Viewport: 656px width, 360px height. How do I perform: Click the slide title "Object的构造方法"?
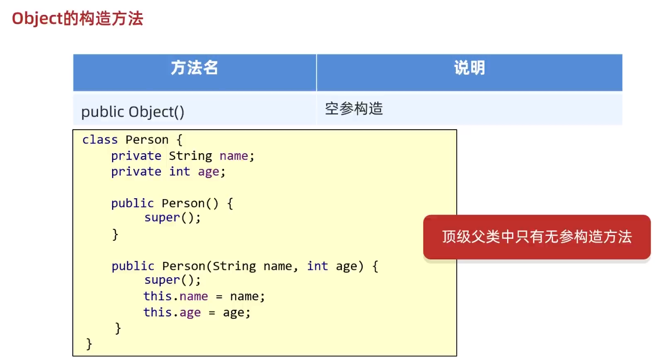pos(78,19)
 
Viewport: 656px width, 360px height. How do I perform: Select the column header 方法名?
pos(194,68)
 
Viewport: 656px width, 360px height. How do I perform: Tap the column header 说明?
pos(469,68)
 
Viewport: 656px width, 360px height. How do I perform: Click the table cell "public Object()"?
pos(133,112)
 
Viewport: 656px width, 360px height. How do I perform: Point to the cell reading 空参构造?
pos(354,109)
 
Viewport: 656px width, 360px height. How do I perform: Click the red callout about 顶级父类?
pos(537,237)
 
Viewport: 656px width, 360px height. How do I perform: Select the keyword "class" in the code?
pos(100,140)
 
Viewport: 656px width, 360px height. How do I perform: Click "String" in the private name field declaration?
pos(190,156)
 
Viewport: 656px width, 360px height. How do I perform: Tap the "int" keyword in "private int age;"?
pos(180,172)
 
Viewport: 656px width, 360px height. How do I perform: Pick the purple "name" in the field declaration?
pos(234,156)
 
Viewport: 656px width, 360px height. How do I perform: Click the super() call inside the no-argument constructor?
pos(172,218)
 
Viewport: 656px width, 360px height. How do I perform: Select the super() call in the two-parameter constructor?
pos(172,280)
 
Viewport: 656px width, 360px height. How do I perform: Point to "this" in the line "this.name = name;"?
pos(158,296)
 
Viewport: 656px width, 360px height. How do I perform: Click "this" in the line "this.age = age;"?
pos(158,313)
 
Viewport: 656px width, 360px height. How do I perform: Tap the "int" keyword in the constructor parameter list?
pos(317,266)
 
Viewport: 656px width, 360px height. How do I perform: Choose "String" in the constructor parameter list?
pos(234,266)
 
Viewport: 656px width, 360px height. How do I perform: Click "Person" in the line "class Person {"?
pos(147,140)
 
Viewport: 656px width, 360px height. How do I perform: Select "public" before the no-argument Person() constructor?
pos(133,203)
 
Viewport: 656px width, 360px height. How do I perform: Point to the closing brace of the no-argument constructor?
pos(115,235)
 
